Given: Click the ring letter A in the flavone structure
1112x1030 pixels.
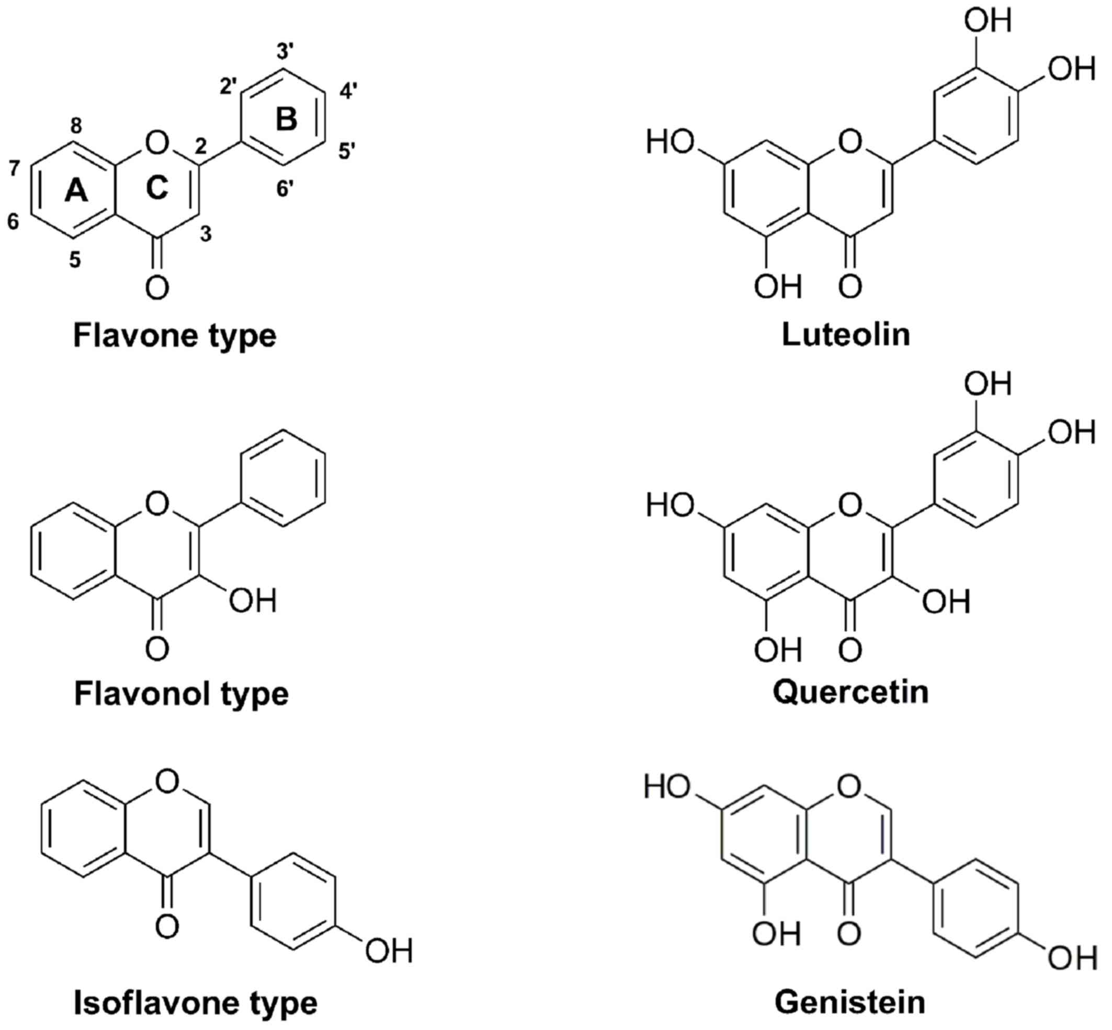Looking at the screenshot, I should tap(76, 191).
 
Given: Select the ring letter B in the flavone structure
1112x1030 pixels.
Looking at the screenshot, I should tap(287, 119).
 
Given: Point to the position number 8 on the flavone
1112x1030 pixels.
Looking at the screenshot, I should tap(76, 127).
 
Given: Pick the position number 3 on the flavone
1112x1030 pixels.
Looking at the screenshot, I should tap(206, 234).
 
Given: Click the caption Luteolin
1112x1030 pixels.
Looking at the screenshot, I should tap(846, 334).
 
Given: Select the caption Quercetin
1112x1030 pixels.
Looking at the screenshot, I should tap(850, 692).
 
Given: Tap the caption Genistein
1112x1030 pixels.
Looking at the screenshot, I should tap(850, 1002).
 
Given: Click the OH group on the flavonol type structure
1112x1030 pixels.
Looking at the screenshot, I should tap(253, 601).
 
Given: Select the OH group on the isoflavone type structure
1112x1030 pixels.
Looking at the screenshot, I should tap(389, 951).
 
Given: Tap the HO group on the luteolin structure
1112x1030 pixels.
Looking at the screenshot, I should tap(670, 142).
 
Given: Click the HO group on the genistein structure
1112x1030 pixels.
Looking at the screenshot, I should tap(668, 786).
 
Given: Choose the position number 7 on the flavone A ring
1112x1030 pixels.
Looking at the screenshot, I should tap(15, 167).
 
